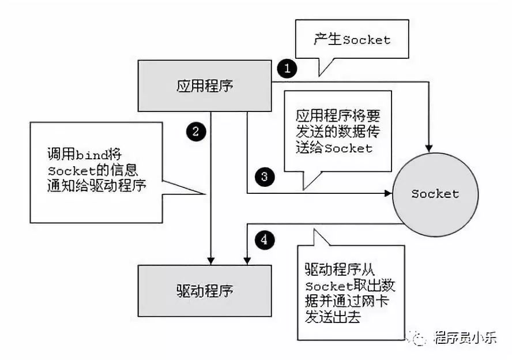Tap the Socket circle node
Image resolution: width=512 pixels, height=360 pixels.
435,194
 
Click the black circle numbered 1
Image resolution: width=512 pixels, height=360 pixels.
287,69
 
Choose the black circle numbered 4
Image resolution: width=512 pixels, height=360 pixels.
264,239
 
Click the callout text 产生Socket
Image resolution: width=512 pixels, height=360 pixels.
352,40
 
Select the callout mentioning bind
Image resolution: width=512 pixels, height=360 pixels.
96,171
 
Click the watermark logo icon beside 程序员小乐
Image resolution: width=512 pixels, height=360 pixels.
420,337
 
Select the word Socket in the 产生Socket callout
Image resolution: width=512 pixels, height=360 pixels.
367,40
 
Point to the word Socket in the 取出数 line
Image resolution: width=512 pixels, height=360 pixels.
329,287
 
